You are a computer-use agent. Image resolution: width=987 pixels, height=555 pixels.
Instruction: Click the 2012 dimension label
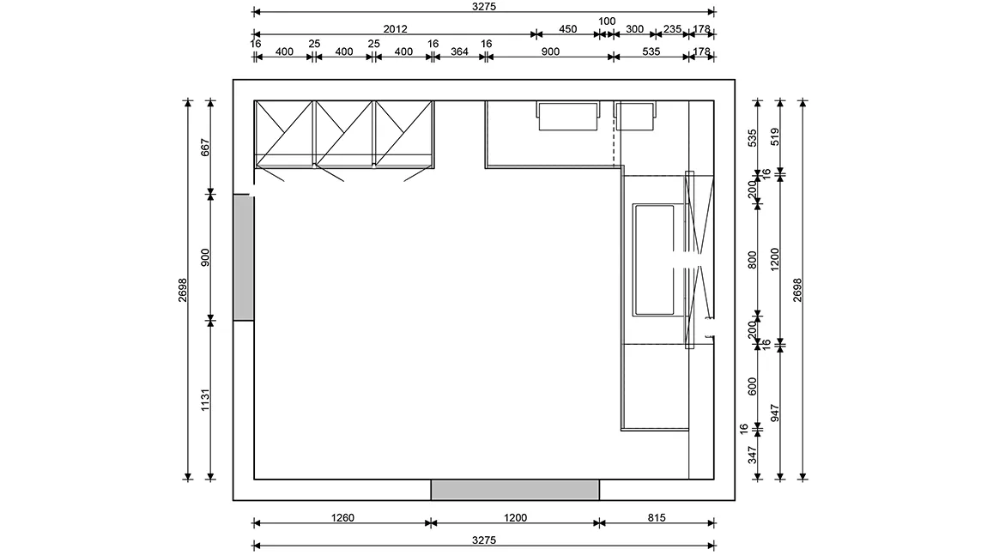point(396,29)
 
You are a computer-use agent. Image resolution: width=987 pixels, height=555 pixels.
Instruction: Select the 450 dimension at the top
point(568,29)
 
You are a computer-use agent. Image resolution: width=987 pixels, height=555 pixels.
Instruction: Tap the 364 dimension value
point(459,51)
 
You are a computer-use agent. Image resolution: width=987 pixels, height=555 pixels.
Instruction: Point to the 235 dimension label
point(672,29)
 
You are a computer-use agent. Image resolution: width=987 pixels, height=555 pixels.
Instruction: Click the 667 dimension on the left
point(205,148)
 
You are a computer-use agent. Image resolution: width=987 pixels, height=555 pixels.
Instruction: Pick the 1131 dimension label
point(205,401)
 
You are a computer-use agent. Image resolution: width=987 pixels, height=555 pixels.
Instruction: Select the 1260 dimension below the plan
point(342,518)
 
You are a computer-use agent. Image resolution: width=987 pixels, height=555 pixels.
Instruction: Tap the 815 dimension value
point(657,518)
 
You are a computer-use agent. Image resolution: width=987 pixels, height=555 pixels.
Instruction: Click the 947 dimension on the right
point(775,413)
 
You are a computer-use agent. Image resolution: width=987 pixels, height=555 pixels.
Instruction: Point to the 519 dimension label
point(775,136)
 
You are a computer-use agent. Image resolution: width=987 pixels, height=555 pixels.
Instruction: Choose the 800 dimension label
point(752,260)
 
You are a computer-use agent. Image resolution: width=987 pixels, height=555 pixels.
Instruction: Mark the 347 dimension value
point(752,455)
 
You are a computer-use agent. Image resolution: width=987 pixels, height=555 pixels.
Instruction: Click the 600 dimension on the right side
point(752,386)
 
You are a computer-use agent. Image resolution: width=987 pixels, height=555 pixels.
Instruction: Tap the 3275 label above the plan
point(484,6)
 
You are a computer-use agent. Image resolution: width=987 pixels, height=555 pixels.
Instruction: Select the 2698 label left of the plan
point(183,290)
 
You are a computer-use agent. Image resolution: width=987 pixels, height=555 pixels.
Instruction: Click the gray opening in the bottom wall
point(515,490)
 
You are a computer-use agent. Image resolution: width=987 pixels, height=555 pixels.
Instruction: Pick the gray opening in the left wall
point(244,258)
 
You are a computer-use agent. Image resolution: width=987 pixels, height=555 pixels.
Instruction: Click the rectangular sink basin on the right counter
point(654,259)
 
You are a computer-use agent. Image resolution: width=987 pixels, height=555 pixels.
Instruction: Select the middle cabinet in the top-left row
point(343,134)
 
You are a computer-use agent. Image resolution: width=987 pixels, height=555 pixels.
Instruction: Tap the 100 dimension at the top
point(607,21)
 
